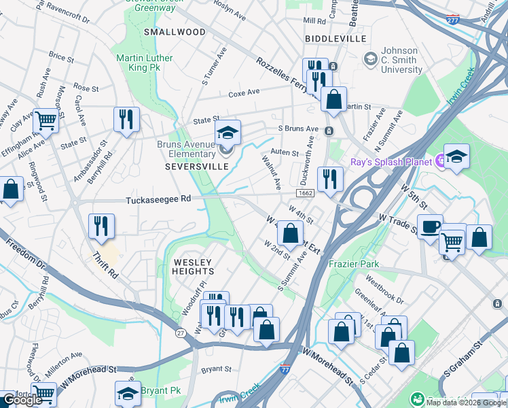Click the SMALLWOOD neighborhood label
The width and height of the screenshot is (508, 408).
tap(175, 32)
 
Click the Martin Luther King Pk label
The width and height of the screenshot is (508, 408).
tap(143, 63)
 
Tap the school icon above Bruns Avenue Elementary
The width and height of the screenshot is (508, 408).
tap(228, 132)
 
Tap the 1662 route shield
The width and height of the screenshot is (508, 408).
tap(305, 194)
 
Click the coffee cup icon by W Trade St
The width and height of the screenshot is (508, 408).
tap(429, 226)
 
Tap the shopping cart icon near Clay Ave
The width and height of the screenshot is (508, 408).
tap(46, 120)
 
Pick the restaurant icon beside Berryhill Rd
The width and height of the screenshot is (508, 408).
tap(126, 119)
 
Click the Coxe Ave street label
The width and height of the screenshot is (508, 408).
tap(244, 93)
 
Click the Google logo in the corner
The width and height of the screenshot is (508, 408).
tap(22, 400)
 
